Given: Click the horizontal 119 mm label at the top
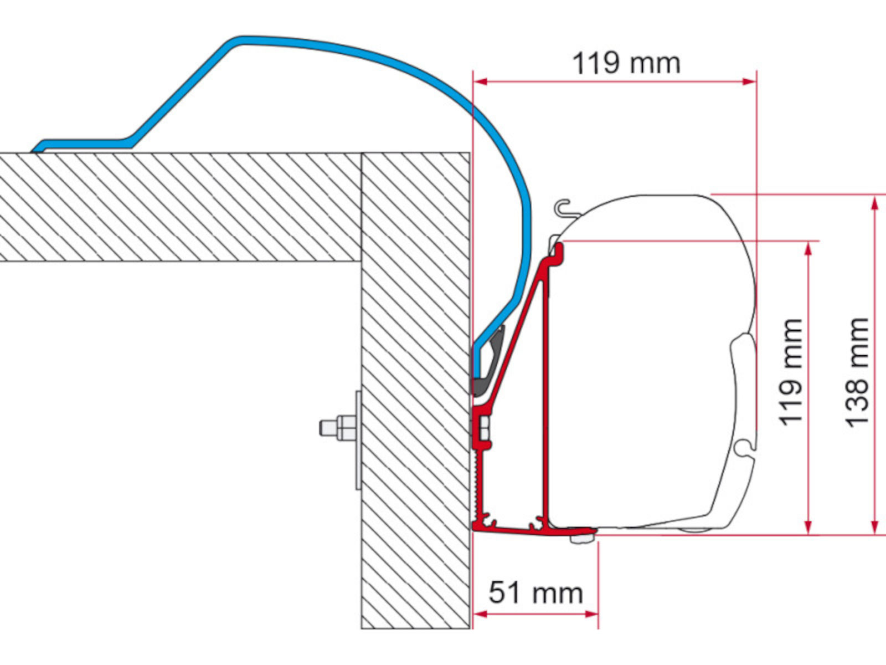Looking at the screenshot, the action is pyautogui.click(x=626, y=63).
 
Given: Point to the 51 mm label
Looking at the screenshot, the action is pyautogui.click(x=535, y=593).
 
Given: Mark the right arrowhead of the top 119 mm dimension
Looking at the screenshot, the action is pyautogui.click(x=749, y=82).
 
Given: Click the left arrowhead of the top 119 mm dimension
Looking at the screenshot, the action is pyautogui.click(x=480, y=82).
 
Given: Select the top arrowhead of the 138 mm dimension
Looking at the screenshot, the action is pyautogui.click(x=875, y=203).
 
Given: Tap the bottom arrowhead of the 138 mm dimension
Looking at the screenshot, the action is pyautogui.click(x=875, y=528).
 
